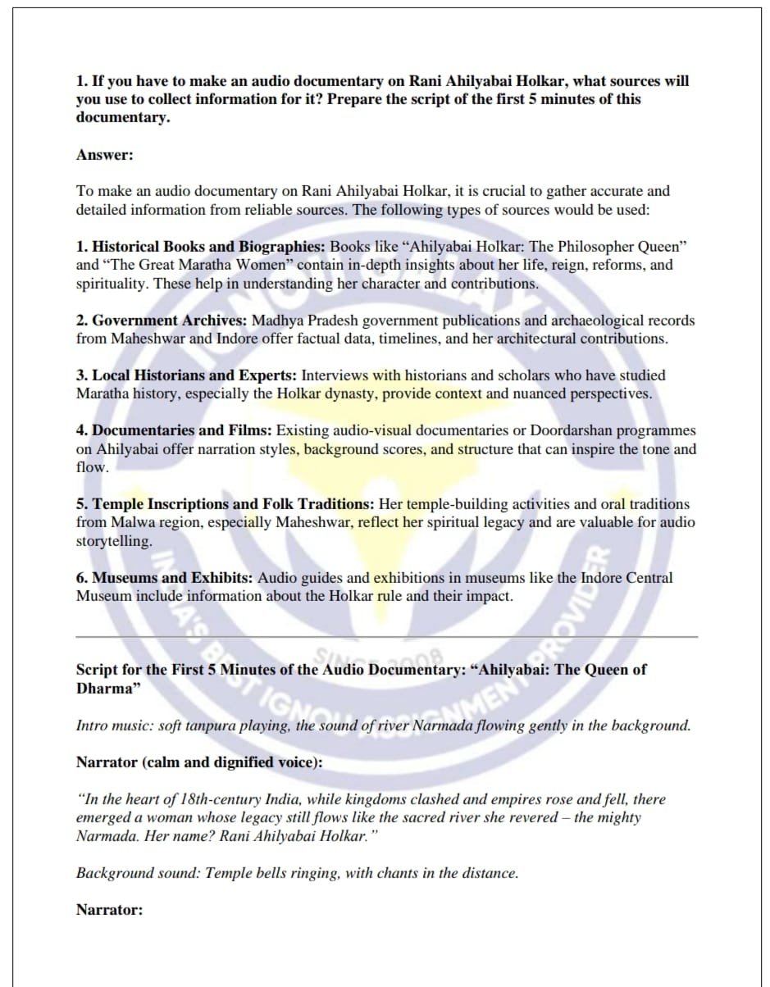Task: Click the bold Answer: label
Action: pyautogui.click(x=104, y=155)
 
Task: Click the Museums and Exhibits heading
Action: pyautogui.click(x=164, y=578)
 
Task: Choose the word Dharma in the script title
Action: pyautogui.click(x=104, y=689)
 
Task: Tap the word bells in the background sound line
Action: pyautogui.click(x=279, y=873)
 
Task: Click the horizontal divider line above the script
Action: pyautogui.click(x=386, y=636)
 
